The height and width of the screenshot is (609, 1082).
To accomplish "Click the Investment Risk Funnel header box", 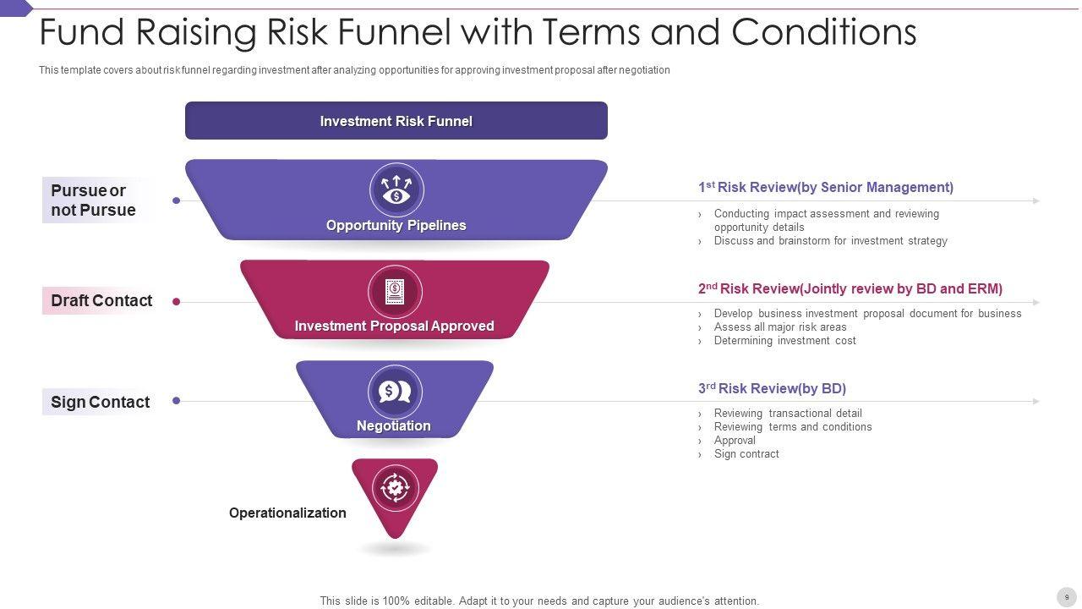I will click(x=396, y=121).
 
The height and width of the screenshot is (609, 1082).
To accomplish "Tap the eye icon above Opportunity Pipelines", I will click(x=396, y=189).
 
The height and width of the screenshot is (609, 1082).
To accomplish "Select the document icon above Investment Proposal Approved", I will click(x=395, y=292).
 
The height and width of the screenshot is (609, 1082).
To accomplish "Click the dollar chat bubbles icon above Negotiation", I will click(x=395, y=392).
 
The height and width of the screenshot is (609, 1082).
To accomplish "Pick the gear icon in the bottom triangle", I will click(x=395, y=487).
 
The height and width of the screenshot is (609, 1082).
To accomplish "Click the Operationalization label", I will click(x=287, y=513).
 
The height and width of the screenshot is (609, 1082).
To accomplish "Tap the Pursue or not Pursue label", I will click(x=93, y=200).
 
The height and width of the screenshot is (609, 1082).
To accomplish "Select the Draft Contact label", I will click(x=101, y=300).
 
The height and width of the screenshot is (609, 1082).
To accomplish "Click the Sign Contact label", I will click(x=100, y=402).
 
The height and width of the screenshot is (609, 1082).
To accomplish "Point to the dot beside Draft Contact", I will click(x=176, y=301).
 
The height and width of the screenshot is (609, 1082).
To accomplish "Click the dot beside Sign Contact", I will click(x=176, y=401).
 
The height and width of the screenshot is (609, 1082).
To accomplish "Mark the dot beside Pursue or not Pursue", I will click(x=176, y=200).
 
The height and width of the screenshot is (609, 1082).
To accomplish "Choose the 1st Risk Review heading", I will click(x=825, y=187).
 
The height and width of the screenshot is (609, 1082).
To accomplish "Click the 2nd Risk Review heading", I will click(x=850, y=288).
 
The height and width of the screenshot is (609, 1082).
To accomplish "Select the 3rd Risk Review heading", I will click(x=772, y=388).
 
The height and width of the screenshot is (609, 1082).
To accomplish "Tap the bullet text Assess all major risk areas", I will click(x=780, y=327).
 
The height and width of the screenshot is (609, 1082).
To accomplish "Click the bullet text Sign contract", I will click(x=746, y=454).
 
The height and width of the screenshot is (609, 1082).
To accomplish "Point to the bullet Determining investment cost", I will click(x=784, y=341).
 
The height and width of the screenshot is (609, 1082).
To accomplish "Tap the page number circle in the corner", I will click(x=1066, y=597).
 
